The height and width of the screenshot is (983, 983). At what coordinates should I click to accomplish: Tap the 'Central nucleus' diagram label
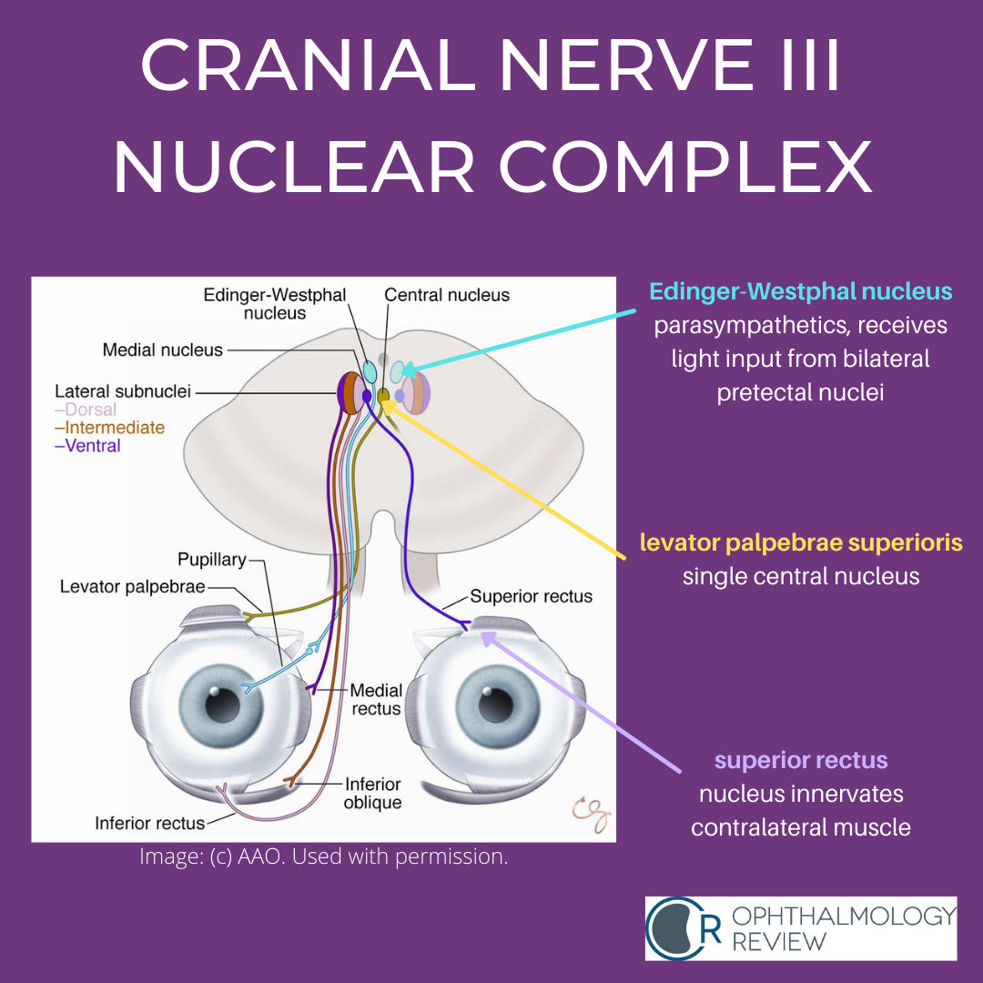[447, 295]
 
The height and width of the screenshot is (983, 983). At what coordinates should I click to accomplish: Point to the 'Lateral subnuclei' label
[123, 392]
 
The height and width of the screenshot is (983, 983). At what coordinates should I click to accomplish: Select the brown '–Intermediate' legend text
[110, 428]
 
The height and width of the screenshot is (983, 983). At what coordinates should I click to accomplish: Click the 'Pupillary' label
[212, 559]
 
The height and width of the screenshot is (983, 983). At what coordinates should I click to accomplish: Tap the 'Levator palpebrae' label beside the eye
[133, 587]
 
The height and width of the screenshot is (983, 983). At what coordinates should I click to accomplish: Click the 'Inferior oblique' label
[372, 793]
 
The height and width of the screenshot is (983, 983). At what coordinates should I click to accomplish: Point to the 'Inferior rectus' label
[149, 824]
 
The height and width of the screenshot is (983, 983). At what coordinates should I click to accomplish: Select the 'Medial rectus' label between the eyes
[375, 700]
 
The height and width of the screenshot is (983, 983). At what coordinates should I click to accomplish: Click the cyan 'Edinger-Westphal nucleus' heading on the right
[800, 292]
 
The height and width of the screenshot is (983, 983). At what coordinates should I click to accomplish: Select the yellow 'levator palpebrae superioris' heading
[800, 543]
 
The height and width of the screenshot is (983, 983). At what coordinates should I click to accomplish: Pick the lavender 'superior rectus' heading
[800, 760]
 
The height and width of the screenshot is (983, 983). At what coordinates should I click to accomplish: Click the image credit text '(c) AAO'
[230, 856]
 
